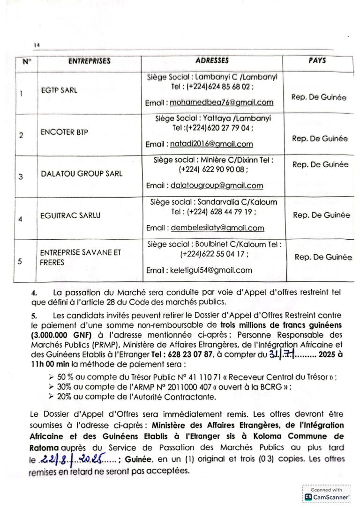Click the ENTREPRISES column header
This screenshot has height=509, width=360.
coord(90,61)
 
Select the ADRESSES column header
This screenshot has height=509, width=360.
coord(212,61)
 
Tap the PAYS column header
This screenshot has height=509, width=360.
coord(317,61)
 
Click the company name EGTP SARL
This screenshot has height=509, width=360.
coord(59,91)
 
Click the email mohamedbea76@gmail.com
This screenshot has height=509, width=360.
coord(221,102)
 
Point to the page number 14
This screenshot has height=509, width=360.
coord(36,44)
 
